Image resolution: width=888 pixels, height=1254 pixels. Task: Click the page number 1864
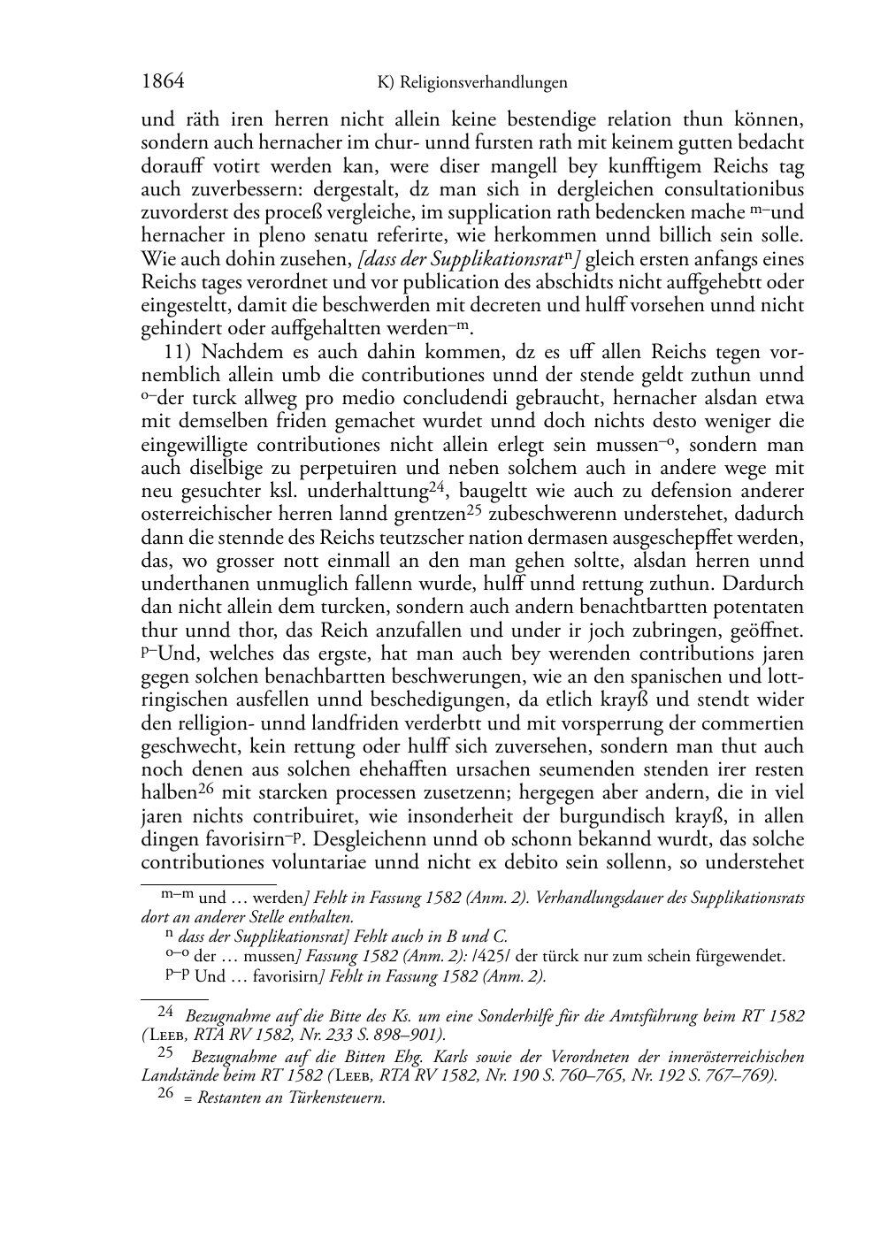pyautogui.click(x=163, y=82)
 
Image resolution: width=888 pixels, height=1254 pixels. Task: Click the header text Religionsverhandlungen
pyautogui.click(x=483, y=83)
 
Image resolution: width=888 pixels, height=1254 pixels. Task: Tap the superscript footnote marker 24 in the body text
pyautogui.click(x=435, y=486)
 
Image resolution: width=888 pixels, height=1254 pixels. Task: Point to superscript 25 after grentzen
pyautogui.click(x=476, y=509)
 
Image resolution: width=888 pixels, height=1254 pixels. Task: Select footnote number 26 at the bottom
pyautogui.click(x=165, y=1093)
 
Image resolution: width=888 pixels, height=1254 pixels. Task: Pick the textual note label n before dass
pyautogui.click(x=169, y=933)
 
